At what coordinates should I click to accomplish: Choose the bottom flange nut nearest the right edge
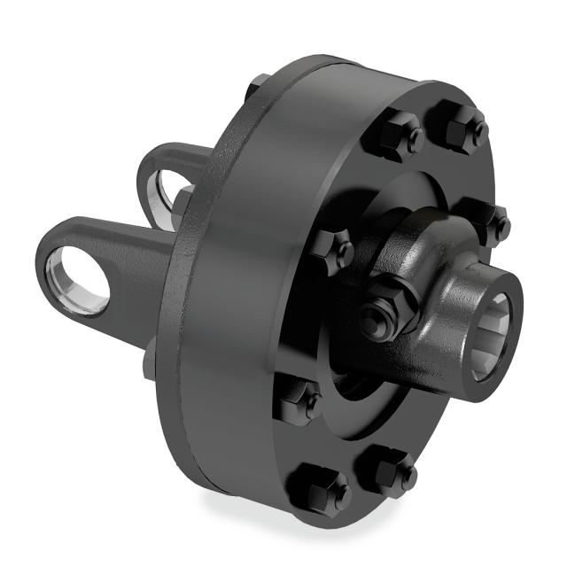tap(387, 470)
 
